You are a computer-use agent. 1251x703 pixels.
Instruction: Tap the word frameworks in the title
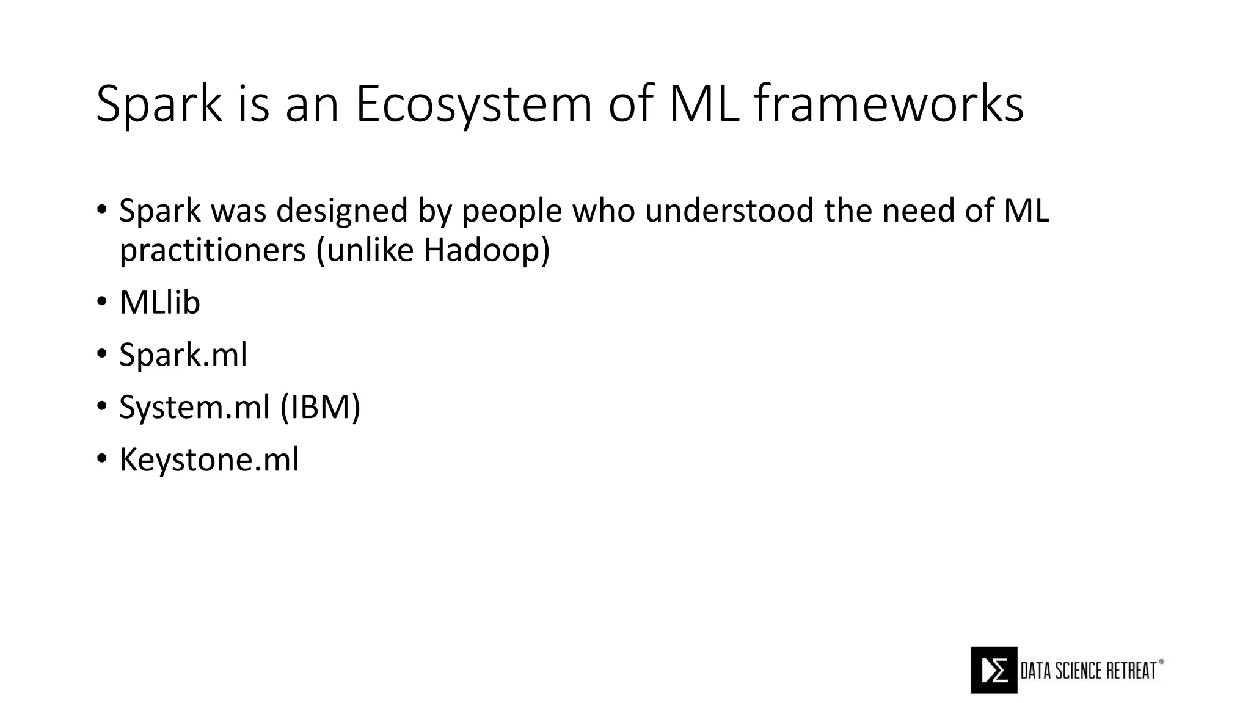889,104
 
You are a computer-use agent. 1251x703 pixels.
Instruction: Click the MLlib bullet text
159,302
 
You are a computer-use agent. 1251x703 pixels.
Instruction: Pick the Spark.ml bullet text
183,355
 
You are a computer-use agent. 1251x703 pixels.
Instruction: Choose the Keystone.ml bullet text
209,460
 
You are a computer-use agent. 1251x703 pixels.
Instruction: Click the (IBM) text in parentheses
320,407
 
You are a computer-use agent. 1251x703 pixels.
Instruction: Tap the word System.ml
194,408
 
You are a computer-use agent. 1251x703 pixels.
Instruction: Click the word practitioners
212,250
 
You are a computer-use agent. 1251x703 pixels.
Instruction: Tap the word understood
729,211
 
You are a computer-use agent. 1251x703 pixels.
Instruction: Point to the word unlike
370,250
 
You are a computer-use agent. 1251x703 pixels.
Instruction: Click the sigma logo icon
994,670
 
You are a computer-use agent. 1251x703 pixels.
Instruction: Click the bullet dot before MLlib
101,302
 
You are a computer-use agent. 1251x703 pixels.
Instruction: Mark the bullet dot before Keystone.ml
101,460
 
